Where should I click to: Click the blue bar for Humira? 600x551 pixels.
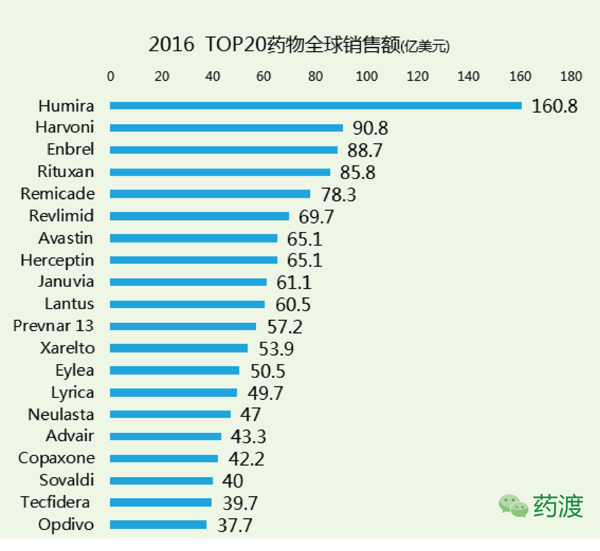(x=315, y=105)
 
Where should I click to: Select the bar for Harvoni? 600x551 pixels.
(x=226, y=128)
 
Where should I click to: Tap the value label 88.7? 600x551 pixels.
(x=364, y=150)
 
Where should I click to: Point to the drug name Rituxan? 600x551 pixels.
(x=65, y=172)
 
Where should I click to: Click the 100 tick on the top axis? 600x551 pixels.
(x=366, y=76)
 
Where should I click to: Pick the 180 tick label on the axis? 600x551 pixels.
(x=571, y=76)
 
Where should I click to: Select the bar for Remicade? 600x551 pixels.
(x=210, y=194)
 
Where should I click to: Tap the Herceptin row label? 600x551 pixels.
(x=57, y=260)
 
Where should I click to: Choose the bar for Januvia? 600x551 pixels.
(x=188, y=282)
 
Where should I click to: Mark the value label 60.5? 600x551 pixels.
(x=293, y=305)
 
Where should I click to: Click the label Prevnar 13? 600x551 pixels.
(x=53, y=325)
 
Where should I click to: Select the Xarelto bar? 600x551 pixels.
(x=179, y=348)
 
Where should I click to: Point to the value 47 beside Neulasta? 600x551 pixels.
(x=250, y=414)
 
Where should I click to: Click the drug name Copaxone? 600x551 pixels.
(x=56, y=458)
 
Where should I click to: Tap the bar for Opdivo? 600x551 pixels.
(x=158, y=525)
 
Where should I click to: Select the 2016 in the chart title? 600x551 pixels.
(x=171, y=45)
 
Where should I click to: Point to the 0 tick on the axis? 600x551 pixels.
(x=111, y=76)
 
